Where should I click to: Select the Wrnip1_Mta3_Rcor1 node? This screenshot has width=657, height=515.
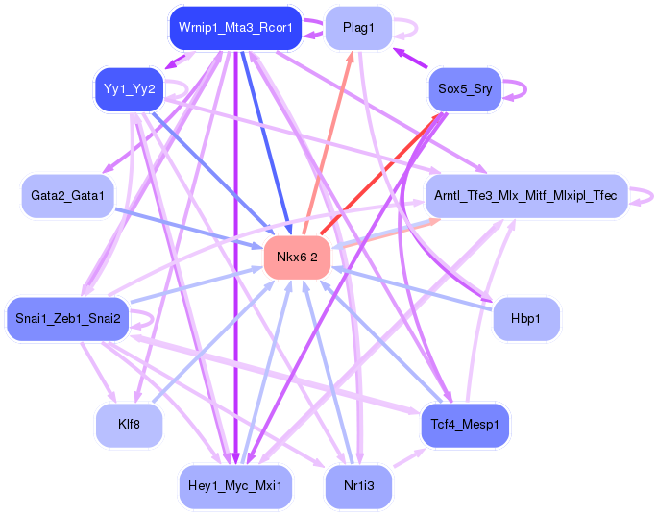235,29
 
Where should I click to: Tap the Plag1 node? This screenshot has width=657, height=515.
357,29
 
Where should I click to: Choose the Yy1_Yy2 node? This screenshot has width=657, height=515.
130,90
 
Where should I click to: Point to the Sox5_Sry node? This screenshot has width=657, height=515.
465,89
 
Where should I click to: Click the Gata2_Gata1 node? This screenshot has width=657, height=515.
66,196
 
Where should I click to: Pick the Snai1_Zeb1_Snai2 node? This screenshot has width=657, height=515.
66,318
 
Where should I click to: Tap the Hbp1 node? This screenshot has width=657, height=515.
525,318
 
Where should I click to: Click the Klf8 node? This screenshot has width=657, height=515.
128,424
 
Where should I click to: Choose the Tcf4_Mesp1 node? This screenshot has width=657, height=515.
465,424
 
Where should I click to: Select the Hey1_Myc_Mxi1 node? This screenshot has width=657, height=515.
235,485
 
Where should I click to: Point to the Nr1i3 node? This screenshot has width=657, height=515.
357,485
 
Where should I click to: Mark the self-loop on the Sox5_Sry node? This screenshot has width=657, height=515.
520,88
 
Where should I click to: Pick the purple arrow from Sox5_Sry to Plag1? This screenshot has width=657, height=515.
411,60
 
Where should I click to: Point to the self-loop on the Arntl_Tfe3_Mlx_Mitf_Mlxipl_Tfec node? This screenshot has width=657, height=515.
645,196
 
